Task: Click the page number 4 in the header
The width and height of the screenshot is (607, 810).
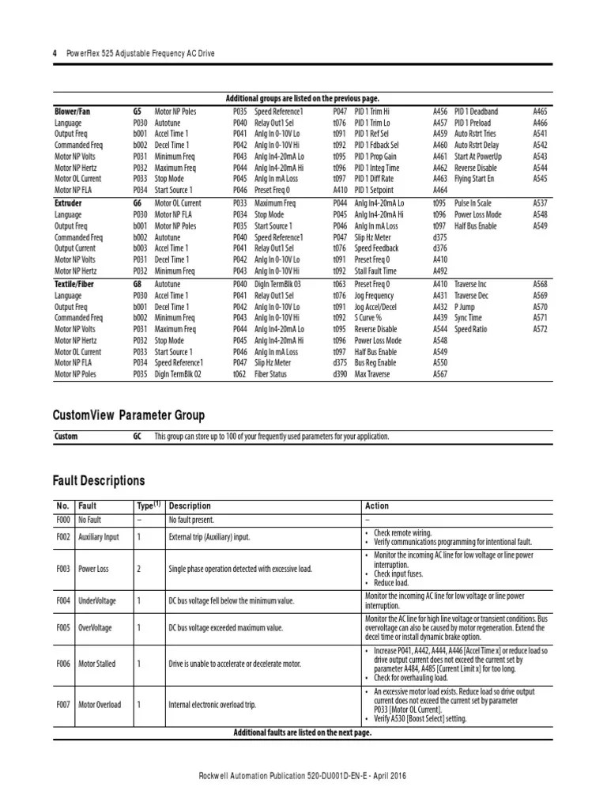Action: [55, 53]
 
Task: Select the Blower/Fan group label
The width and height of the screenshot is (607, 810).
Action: [72, 112]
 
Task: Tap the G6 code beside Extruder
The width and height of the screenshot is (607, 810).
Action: [138, 203]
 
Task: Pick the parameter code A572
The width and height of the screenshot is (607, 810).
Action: [540, 329]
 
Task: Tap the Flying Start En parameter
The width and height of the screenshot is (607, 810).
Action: [479, 180]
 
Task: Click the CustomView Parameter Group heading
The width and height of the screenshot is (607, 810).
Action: [129, 415]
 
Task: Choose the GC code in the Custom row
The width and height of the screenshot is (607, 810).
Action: [138, 437]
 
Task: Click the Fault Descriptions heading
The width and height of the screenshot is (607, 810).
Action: [99, 480]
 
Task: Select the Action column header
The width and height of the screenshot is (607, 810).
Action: [377, 506]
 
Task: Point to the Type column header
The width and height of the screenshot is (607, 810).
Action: [148, 505]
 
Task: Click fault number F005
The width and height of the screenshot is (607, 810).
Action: [63, 627]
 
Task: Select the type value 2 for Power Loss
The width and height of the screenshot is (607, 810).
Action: [138, 568]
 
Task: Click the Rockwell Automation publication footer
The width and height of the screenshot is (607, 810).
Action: [303, 777]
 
